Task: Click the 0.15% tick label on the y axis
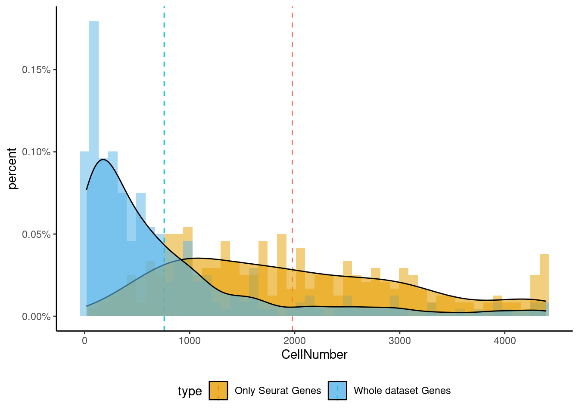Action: click(x=36, y=70)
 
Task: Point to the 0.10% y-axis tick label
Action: click(x=36, y=152)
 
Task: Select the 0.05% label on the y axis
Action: click(x=36, y=234)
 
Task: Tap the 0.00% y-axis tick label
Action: click(x=36, y=317)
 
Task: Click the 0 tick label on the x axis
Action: click(x=84, y=341)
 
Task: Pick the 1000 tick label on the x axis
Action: click(x=190, y=341)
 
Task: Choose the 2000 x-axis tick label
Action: click(x=295, y=341)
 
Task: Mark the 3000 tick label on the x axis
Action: click(x=400, y=341)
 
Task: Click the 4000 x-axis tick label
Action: click(x=505, y=341)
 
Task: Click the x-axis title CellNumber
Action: click(x=314, y=354)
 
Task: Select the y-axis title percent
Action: click(x=12, y=169)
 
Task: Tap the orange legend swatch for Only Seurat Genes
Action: click(x=218, y=391)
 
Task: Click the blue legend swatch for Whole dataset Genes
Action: click(x=337, y=391)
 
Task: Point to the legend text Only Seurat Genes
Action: click(x=278, y=391)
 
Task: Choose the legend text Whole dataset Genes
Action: click(x=402, y=391)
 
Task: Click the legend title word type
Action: click(x=190, y=391)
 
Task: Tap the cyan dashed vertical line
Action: click(x=164, y=129)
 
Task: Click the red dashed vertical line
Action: click(x=292, y=129)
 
